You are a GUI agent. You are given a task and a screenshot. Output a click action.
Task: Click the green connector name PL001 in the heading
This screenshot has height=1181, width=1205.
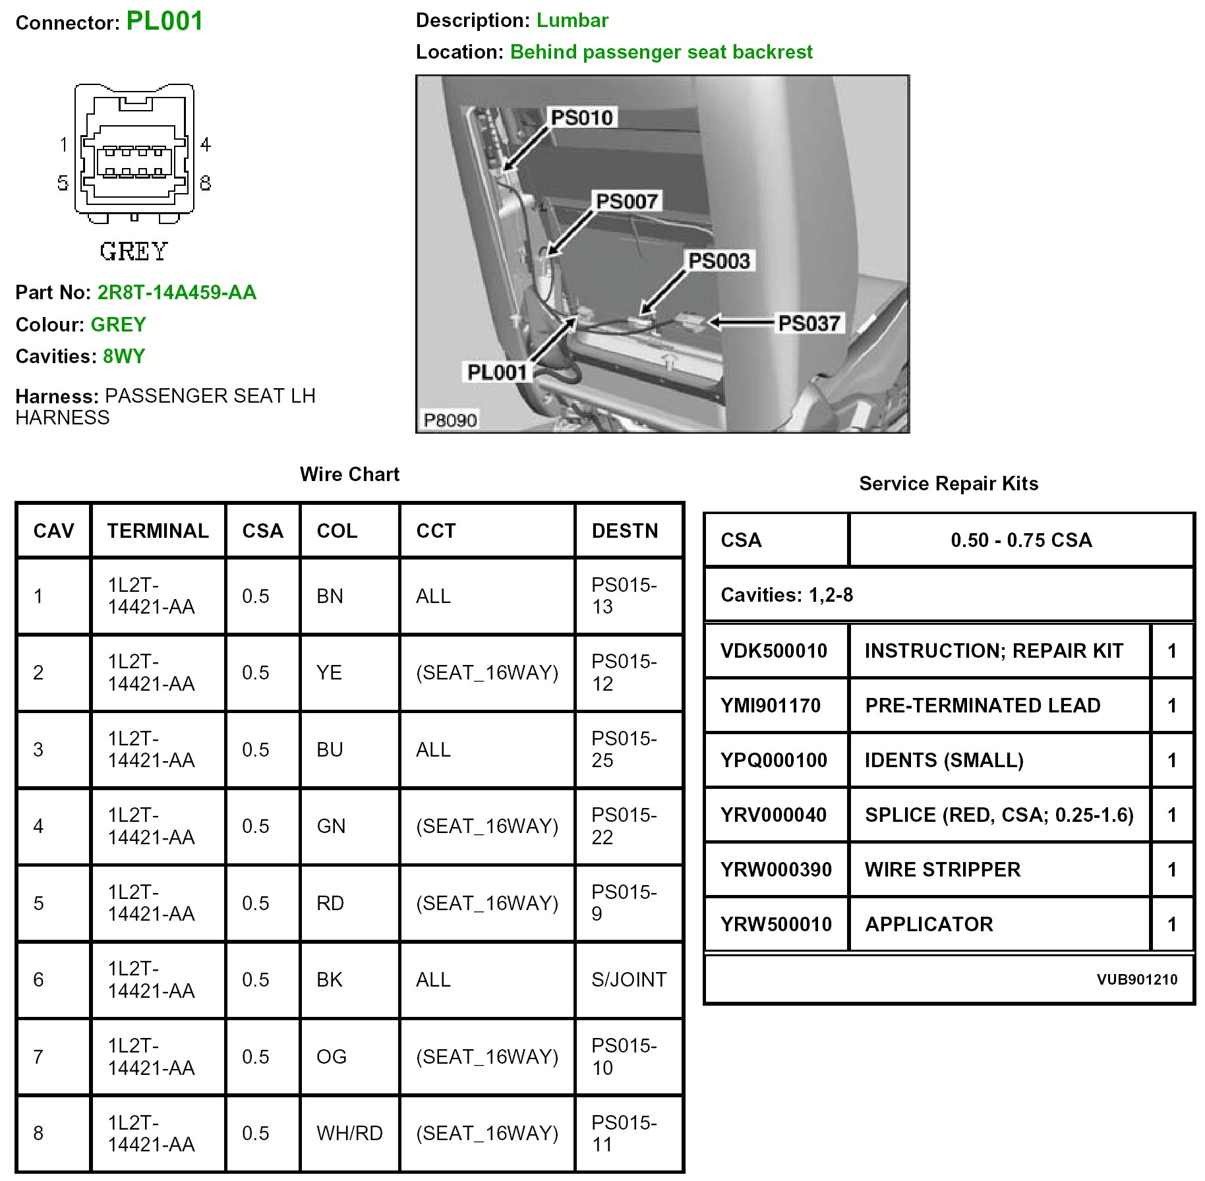pyautogui.click(x=164, y=21)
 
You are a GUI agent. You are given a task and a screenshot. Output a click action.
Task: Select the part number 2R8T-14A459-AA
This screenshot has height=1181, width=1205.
pyautogui.click(x=177, y=292)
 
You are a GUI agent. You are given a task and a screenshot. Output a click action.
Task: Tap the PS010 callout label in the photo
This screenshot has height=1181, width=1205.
pyautogui.click(x=581, y=118)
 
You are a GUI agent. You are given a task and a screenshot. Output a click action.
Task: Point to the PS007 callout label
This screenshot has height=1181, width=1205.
pyautogui.click(x=626, y=201)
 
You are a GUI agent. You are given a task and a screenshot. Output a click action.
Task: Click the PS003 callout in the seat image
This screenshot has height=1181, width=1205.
pyautogui.click(x=719, y=261)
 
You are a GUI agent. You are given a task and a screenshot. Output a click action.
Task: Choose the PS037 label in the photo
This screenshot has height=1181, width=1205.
pyautogui.click(x=809, y=324)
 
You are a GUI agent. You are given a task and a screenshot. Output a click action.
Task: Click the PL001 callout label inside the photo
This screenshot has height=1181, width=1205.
pyautogui.click(x=497, y=372)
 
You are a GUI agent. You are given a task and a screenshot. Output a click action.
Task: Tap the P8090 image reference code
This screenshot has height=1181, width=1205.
pyautogui.click(x=450, y=420)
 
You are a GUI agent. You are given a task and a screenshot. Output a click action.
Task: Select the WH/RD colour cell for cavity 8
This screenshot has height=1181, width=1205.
pyautogui.click(x=349, y=1133)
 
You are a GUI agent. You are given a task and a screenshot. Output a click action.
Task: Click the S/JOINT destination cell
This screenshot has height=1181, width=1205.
pyautogui.click(x=629, y=979)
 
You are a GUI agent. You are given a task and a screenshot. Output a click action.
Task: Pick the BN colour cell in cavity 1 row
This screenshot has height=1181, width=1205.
pyautogui.click(x=330, y=596)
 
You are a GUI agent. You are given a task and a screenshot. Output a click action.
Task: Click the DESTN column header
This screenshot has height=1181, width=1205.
pyautogui.click(x=624, y=531)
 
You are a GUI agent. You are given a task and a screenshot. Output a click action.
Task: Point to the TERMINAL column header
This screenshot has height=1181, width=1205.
pyautogui.click(x=158, y=531)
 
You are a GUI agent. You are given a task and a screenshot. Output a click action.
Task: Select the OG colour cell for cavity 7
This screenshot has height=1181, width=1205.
pyautogui.click(x=331, y=1056)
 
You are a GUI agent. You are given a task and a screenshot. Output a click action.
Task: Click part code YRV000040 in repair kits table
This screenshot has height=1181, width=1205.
pyautogui.click(x=773, y=815)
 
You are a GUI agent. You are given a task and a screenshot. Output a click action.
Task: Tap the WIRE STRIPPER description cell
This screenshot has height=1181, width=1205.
pyautogui.click(x=942, y=869)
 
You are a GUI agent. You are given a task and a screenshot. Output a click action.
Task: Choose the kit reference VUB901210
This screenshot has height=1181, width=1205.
pyautogui.click(x=1136, y=979)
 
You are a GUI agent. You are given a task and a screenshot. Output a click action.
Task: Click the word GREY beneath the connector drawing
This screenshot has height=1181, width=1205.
pyautogui.click(x=134, y=251)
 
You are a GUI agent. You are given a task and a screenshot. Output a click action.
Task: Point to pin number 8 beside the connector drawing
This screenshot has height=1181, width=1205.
pyautogui.click(x=206, y=183)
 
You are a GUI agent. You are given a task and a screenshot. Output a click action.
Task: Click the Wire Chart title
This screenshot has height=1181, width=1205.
pyautogui.click(x=349, y=474)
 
